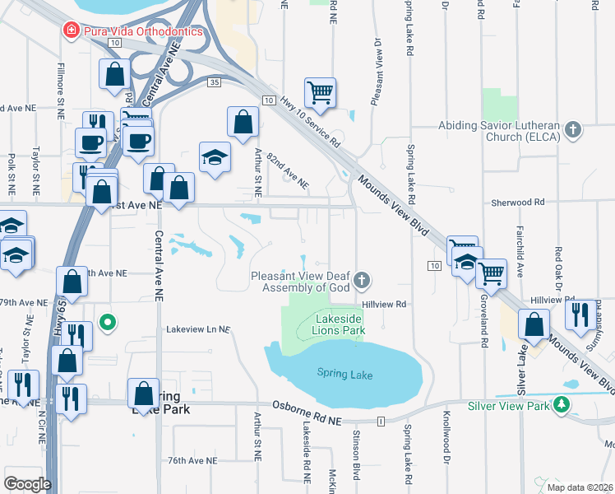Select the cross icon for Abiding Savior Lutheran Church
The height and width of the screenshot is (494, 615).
(574, 128)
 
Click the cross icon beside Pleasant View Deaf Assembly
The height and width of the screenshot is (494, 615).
(361, 282)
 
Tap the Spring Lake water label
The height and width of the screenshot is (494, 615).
(344, 375)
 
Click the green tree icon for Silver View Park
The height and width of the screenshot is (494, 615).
(562, 405)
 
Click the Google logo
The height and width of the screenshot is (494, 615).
(27, 483)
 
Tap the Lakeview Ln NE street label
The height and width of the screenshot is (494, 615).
(198, 329)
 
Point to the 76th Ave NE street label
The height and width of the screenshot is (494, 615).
(192, 461)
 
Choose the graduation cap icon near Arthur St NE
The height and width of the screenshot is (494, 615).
(215, 156)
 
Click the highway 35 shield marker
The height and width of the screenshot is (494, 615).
(214, 82)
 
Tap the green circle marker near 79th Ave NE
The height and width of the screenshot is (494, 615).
(106, 321)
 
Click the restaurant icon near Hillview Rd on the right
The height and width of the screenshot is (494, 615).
(581, 313)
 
